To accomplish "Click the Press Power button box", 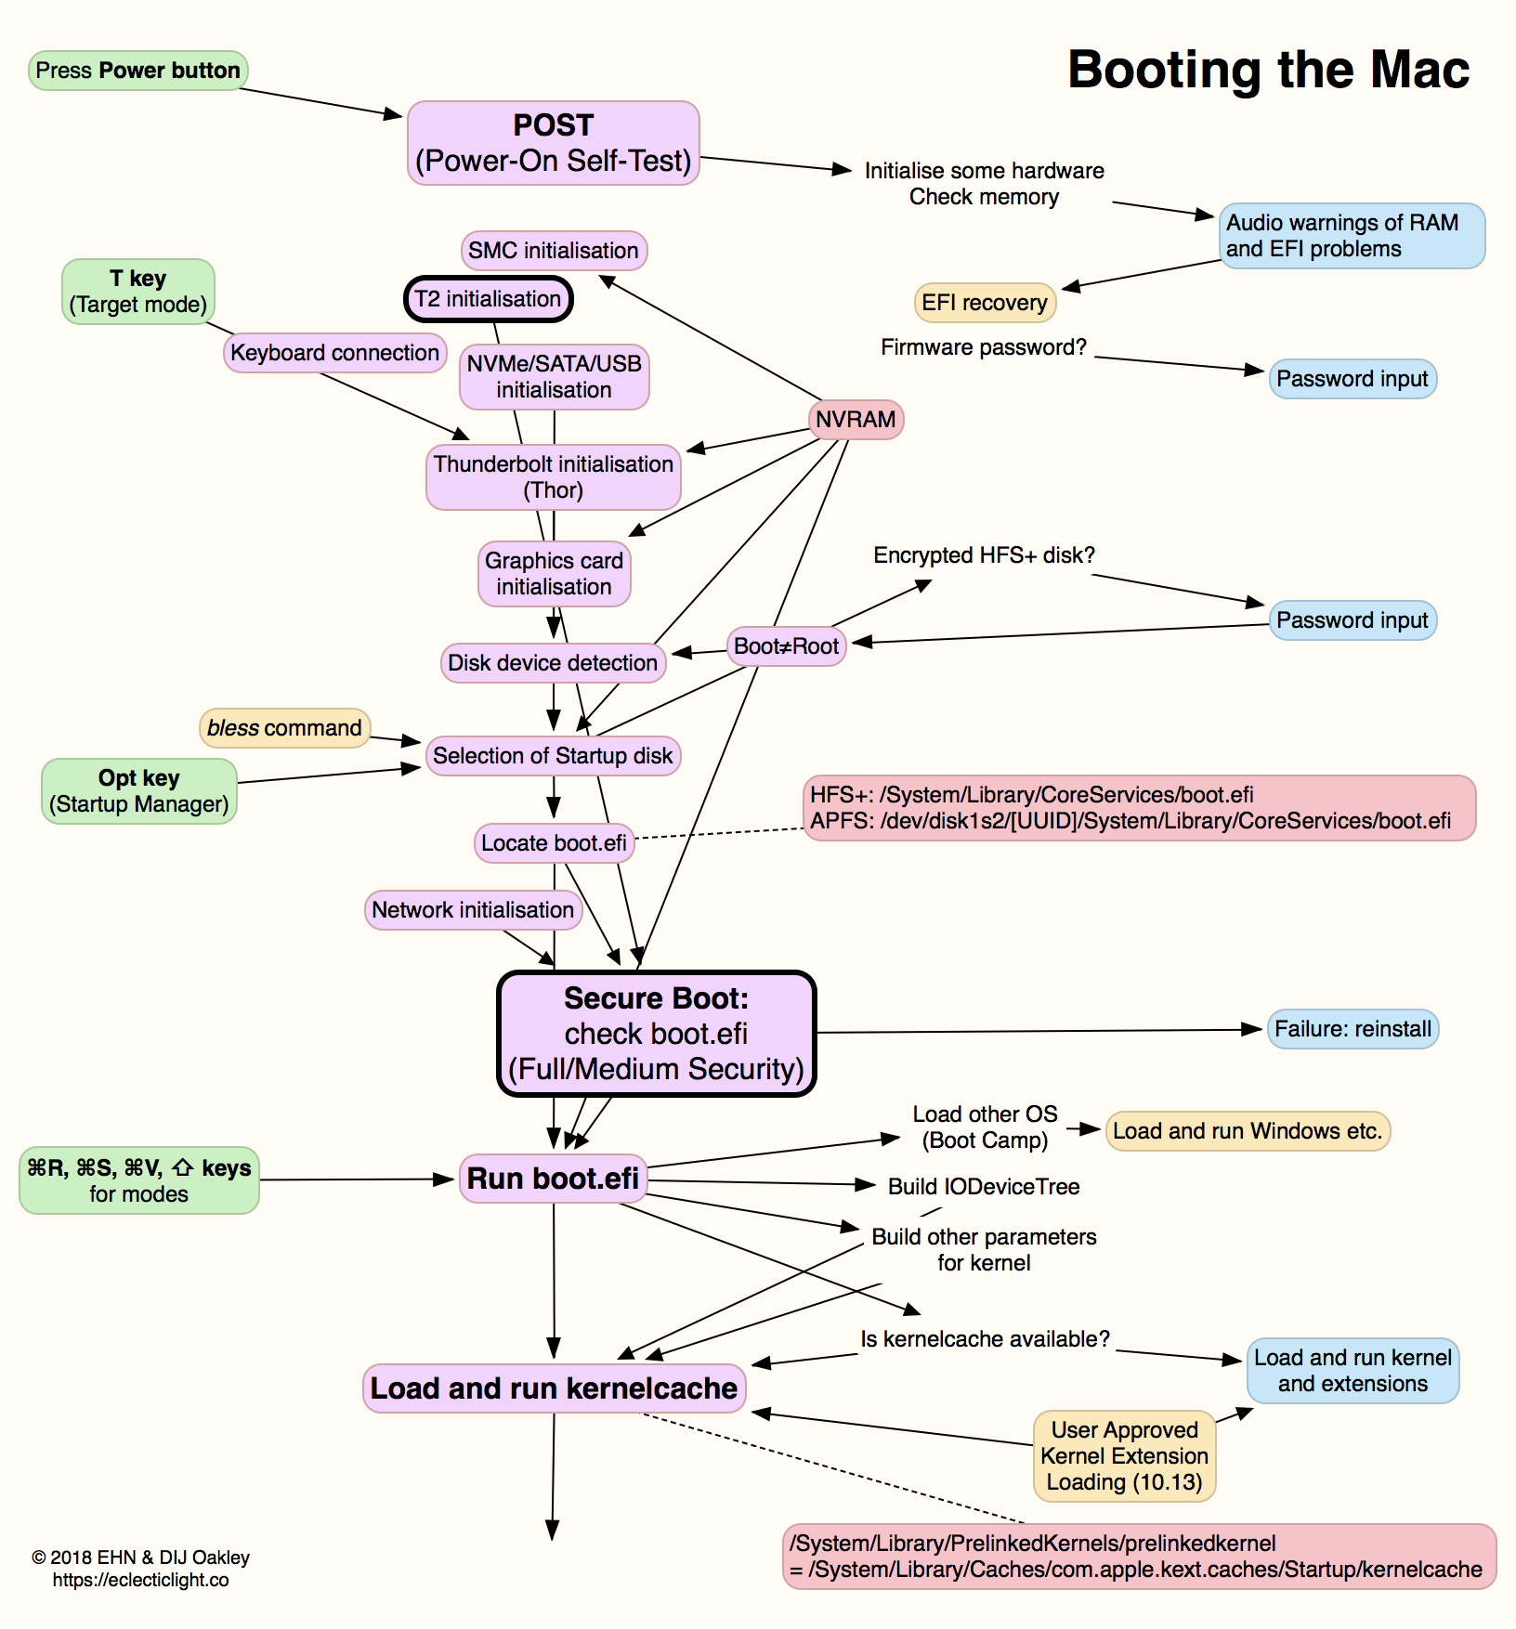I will pyautogui.click(x=137, y=71).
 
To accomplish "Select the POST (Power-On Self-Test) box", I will pyautogui.click(x=553, y=143).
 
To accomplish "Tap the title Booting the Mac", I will pyautogui.click(x=1268, y=70).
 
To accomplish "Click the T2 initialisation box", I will pyautogui.click(x=488, y=299).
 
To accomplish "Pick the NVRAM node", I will pyautogui.click(x=856, y=420).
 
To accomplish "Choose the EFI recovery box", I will pyautogui.click(x=984, y=303).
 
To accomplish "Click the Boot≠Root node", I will pyautogui.click(x=786, y=646).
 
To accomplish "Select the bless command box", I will pyautogui.click(x=284, y=728).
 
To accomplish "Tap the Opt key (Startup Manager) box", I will pyautogui.click(x=138, y=791).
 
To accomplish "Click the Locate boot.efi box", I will pyautogui.click(x=554, y=843).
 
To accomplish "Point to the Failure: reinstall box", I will pyautogui.click(x=1353, y=1029).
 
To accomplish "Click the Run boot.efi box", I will pyautogui.click(x=553, y=1179).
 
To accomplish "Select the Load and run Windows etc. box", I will pyautogui.click(x=1248, y=1131).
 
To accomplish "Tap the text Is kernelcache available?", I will pyautogui.click(x=985, y=1339).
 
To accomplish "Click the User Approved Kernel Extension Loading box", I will pyautogui.click(x=1124, y=1455).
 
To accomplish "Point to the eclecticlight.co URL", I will pyautogui.click(x=140, y=1580).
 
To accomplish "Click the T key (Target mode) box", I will pyautogui.click(x=138, y=292).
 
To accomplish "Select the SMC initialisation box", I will pyautogui.click(x=554, y=251).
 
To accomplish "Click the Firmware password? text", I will pyautogui.click(x=983, y=347).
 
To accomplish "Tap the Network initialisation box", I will pyautogui.click(x=473, y=910).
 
